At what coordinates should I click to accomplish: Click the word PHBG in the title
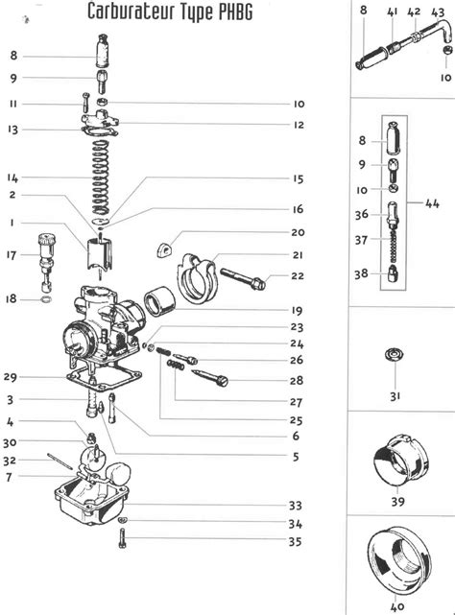(235, 12)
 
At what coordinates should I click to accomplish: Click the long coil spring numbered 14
(100, 177)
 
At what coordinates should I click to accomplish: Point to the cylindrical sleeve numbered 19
(159, 301)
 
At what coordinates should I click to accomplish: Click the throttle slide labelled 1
(99, 254)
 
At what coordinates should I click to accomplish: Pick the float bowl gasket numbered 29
(105, 378)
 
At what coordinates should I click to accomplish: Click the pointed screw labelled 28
(209, 378)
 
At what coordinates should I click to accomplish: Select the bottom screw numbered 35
(123, 538)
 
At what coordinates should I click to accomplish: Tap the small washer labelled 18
(46, 300)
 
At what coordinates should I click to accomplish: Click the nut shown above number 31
(395, 355)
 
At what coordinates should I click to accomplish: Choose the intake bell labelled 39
(400, 461)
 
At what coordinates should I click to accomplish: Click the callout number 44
(432, 203)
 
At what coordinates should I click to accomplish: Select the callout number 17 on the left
(12, 255)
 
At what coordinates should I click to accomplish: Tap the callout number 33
(296, 506)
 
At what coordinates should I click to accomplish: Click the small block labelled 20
(164, 249)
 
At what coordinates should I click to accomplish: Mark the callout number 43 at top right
(438, 12)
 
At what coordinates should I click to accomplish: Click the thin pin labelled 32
(60, 461)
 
